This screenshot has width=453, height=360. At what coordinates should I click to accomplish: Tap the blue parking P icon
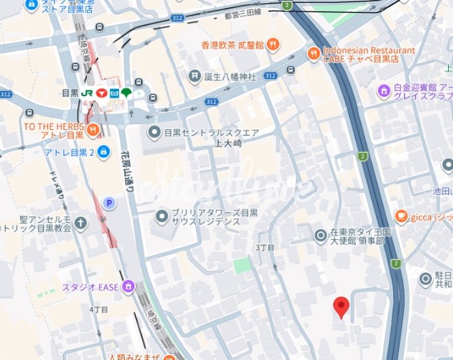coord(110,203)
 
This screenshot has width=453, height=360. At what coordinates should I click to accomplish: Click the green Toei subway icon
coord(127,93)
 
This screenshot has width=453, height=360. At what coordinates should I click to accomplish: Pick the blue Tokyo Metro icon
coord(114,93)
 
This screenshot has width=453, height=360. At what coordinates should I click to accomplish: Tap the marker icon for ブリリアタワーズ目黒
coord(161,216)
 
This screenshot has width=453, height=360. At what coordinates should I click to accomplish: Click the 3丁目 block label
coord(265,248)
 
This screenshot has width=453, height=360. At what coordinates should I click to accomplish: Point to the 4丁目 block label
coord(99,309)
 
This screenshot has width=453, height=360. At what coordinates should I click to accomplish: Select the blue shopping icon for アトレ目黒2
coord(104,151)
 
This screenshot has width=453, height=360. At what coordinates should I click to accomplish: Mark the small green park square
coord(243,266)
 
